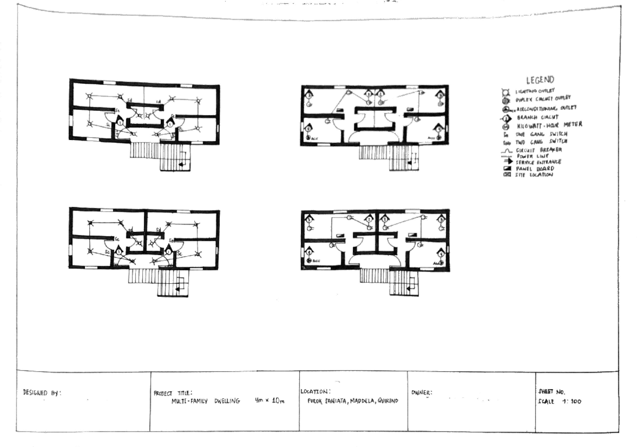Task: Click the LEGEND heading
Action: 540,81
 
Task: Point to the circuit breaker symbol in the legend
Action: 506,151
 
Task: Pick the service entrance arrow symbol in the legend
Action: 506,162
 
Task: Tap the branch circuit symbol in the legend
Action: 506,118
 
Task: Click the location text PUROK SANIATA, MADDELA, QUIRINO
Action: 353,401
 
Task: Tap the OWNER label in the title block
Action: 422,393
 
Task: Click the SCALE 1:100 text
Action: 559,401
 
